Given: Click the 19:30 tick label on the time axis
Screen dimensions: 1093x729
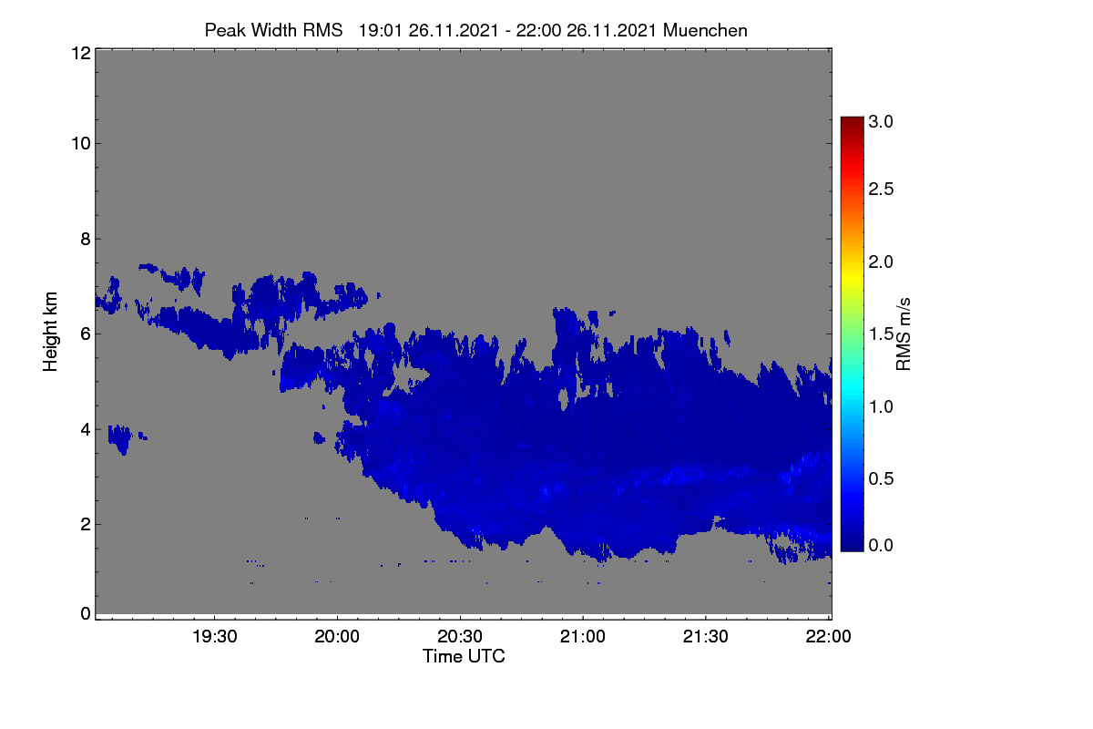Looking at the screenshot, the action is [215, 637].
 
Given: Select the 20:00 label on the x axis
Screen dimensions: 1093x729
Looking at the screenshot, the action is [337, 637].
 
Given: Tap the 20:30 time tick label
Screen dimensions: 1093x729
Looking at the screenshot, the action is [460, 637].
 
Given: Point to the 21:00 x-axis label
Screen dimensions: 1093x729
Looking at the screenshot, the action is [583, 637].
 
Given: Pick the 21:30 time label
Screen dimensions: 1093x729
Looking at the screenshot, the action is [706, 637].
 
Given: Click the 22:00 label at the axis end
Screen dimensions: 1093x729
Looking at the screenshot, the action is [828, 637].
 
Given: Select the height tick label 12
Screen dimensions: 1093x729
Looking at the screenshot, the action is [81, 53].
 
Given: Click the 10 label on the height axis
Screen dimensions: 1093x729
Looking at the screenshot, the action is [81, 144].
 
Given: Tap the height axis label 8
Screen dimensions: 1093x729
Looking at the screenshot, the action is [86, 240].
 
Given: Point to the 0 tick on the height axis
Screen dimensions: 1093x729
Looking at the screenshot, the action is [86, 614].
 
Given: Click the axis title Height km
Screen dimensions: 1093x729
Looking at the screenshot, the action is [50, 332].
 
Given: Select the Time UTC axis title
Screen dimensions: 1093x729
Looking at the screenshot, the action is [464, 656].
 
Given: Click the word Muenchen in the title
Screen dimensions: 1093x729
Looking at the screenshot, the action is [705, 31].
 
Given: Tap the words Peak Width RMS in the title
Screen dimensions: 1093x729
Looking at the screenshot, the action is [274, 31].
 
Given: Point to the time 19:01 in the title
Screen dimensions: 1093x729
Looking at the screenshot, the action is [381, 31].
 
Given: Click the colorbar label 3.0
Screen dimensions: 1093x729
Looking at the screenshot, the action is [881, 121].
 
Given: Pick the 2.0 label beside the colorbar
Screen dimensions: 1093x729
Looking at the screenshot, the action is [881, 262].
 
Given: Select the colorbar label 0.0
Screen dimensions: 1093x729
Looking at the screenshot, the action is [881, 546].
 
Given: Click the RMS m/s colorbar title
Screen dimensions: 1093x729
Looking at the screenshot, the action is [904, 334].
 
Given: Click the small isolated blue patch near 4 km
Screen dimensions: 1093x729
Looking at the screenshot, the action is [120, 438].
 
